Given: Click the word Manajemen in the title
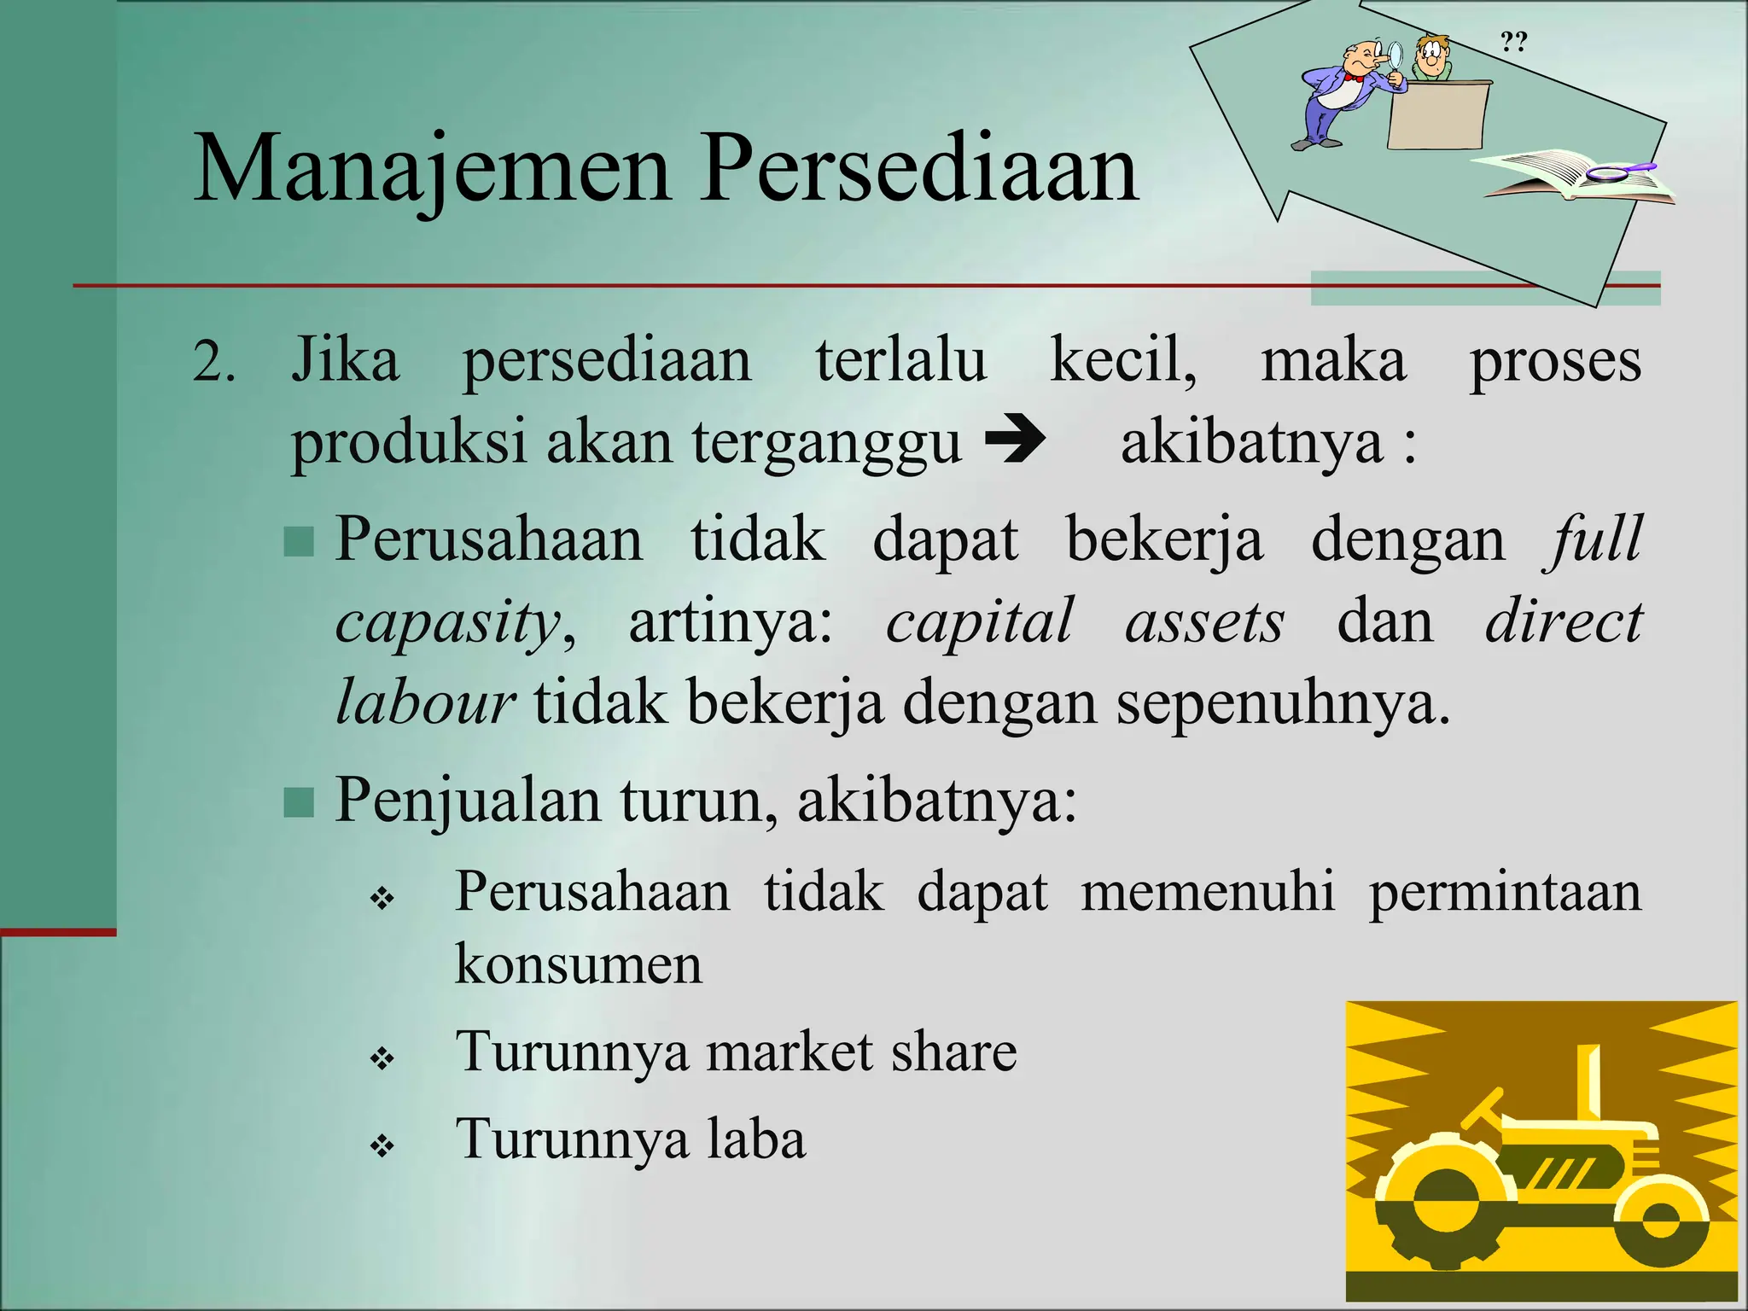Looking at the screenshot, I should coord(431,168).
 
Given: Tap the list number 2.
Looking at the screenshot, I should coord(213,362).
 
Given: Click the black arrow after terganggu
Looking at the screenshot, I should coord(1015,441).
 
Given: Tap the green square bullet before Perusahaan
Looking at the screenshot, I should coord(299,541).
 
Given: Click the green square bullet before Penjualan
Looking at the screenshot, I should coord(299,802).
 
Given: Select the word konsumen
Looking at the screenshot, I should coord(578,964).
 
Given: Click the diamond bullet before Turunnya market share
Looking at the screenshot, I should coord(382,1059).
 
